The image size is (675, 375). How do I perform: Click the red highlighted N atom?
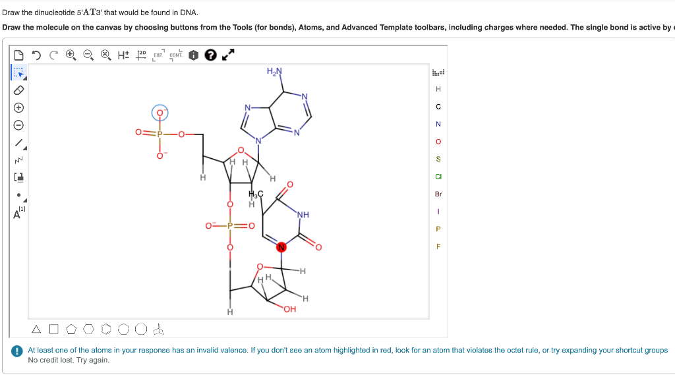tap(282, 248)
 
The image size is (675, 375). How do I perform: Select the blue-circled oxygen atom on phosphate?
tap(160, 113)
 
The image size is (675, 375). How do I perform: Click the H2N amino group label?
tap(275, 71)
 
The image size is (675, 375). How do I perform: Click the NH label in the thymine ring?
tap(303, 214)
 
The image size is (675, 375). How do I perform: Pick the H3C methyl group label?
tap(256, 194)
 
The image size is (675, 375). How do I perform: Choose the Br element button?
tap(438, 194)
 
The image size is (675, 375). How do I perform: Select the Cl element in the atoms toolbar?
tap(438, 176)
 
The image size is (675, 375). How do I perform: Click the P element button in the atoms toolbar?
tap(438, 229)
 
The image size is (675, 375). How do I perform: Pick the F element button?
tap(438, 246)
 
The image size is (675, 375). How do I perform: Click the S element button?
tap(438, 159)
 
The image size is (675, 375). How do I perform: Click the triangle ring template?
tap(37, 328)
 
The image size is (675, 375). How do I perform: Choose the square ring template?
tap(54, 328)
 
